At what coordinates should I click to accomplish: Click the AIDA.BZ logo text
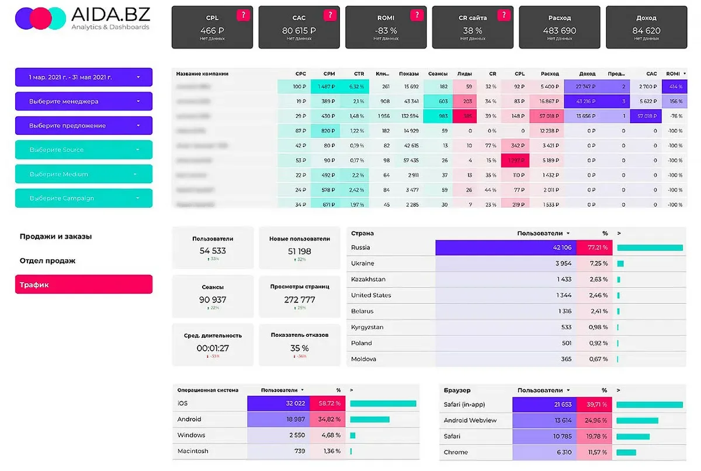tap(110, 15)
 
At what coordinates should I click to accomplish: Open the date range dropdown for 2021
tap(84, 77)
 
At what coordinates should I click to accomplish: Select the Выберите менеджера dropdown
tap(84, 101)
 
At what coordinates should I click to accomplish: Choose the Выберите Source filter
tap(84, 149)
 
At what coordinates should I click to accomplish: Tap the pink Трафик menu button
tap(84, 285)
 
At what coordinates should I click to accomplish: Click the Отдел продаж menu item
tap(48, 261)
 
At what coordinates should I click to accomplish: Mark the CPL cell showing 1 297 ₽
tap(515, 161)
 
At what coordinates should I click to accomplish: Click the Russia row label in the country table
tap(361, 247)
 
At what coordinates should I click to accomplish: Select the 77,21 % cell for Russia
tap(594, 247)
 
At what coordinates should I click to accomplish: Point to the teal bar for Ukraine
tap(620, 264)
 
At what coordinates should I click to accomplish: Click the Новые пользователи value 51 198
tap(299, 252)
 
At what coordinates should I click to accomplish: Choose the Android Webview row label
tap(470, 420)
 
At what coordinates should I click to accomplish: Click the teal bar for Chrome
tap(626, 452)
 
